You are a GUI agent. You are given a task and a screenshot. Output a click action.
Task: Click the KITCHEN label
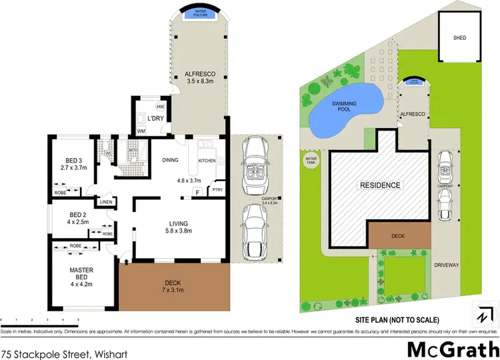click(x=207, y=160)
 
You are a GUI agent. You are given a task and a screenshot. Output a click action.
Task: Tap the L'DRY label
click(x=156, y=118)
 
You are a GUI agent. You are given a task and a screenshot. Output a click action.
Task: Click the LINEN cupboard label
click(x=106, y=202)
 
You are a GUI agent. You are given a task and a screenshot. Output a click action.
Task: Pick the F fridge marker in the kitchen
click(x=197, y=192)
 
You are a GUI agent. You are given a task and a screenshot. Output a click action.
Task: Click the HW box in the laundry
click(x=161, y=107)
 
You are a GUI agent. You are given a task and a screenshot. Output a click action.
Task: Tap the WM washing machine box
click(x=141, y=131)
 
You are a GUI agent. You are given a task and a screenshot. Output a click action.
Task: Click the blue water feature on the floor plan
click(x=198, y=13)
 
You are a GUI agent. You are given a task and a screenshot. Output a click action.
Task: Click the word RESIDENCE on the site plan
click(x=380, y=185)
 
